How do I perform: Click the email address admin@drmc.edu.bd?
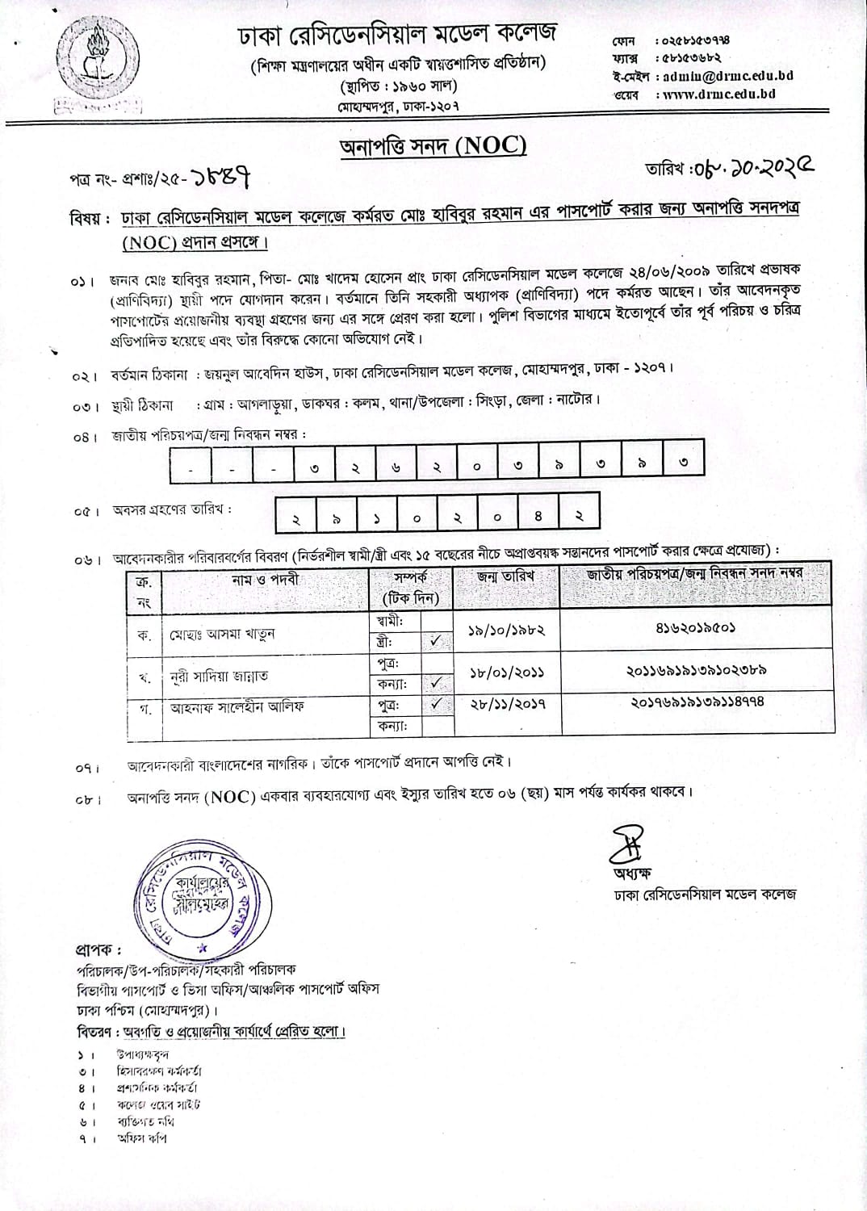727,76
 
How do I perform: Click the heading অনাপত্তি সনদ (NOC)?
433,146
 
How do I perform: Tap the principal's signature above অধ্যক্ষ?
627,840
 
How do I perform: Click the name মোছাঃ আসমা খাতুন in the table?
222,635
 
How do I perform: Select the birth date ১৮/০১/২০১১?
505,672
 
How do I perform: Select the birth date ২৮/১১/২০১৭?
505,704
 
